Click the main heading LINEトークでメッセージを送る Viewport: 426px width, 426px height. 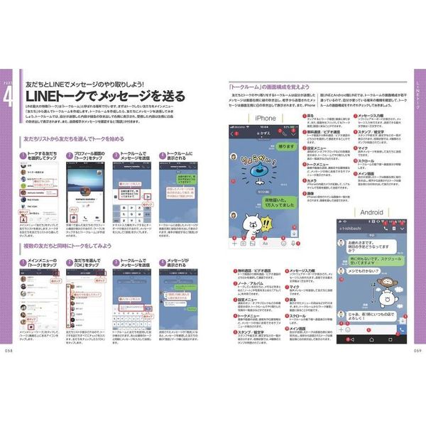click(106, 95)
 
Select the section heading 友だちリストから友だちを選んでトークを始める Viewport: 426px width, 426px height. click(76, 141)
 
